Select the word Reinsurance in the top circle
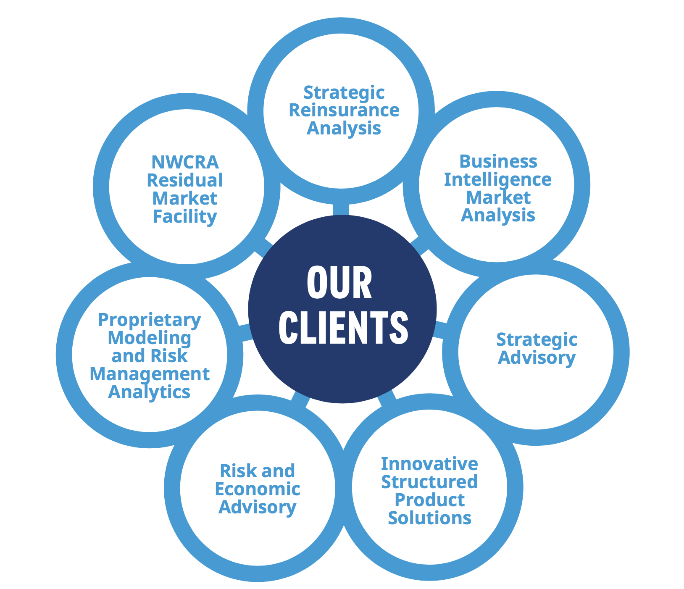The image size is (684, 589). click(344, 110)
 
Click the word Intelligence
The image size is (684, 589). click(497, 180)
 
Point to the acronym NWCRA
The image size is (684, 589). click(185, 162)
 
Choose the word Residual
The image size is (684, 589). click(185, 180)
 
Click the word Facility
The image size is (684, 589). click(185, 217)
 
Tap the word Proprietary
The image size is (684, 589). click(150, 320)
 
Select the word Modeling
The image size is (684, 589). click(150, 338)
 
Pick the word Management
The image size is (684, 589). click(150, 374)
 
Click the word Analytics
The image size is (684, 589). click(150, 392)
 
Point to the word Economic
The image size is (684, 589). click(258, 489)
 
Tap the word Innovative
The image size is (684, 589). click(429, 464)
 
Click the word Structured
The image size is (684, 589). click(429, 482)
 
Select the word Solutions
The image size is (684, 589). click(429, 518)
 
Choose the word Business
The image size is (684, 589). click(498, 161)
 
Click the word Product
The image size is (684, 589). click(429, 500)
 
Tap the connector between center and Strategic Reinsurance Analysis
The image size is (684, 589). click(341, 209)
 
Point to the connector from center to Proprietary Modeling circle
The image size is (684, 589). click(245, 331)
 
